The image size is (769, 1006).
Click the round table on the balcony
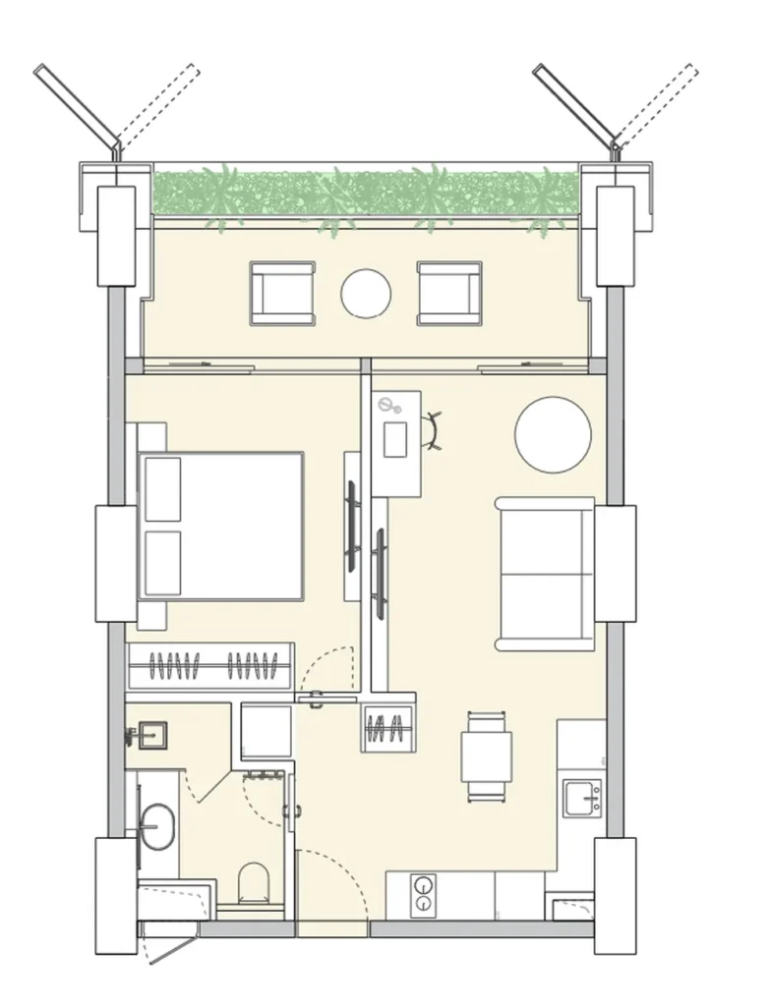pos(366,293)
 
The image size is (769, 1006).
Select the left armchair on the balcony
pos(282,293)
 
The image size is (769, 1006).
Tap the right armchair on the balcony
pos(448,293)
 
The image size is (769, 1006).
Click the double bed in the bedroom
pos(221,526)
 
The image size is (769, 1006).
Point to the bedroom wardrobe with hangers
pos(211,666)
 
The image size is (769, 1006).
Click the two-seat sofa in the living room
pos(546,574)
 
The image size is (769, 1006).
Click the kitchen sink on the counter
pos(581,797)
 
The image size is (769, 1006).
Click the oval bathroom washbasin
pos(155,825)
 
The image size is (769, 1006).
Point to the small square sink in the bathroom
pos(151,735)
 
